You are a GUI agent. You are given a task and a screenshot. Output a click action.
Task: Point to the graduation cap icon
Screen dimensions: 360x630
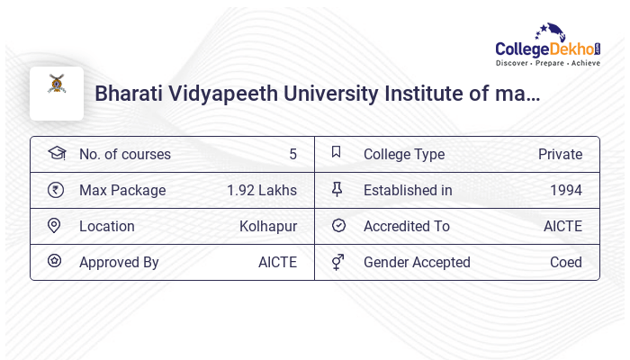click(x=57, y=154)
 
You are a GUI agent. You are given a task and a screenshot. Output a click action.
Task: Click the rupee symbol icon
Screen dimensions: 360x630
click(x=56, y=190)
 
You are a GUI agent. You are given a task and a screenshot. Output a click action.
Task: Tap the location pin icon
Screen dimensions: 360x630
click(x=56, y=226)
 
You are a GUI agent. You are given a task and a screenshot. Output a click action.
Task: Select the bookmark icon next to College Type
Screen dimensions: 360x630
click(x=337, y=153)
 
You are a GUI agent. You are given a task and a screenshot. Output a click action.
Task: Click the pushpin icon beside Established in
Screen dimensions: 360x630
click(x=337, y=190)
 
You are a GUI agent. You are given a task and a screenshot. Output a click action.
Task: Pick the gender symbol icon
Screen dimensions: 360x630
click(x=337, y=262)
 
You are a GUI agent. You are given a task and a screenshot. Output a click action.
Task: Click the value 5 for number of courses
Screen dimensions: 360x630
click(x=292, y=155)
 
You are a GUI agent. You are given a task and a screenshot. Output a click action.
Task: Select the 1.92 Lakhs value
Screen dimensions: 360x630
click(x=262, y=191)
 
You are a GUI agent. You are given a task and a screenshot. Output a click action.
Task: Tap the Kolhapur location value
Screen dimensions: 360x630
click(x=268, y=227)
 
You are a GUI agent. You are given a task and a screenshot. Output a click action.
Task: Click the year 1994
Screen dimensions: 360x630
click(x=566, y=191)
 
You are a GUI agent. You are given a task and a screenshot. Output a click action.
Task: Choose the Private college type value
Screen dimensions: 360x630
click(x=560, y=155)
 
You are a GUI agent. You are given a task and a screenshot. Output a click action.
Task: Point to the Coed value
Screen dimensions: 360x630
click(x=566, y=263)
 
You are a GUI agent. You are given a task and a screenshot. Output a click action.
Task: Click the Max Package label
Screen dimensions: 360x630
click(x=122, y=191)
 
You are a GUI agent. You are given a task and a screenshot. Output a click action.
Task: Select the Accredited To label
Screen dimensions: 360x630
click(x=407, y=227)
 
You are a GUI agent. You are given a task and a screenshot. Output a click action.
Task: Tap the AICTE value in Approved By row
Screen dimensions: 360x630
click(x=277, y=263)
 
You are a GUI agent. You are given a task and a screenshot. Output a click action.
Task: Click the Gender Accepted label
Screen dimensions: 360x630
click(x=417, y=263)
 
